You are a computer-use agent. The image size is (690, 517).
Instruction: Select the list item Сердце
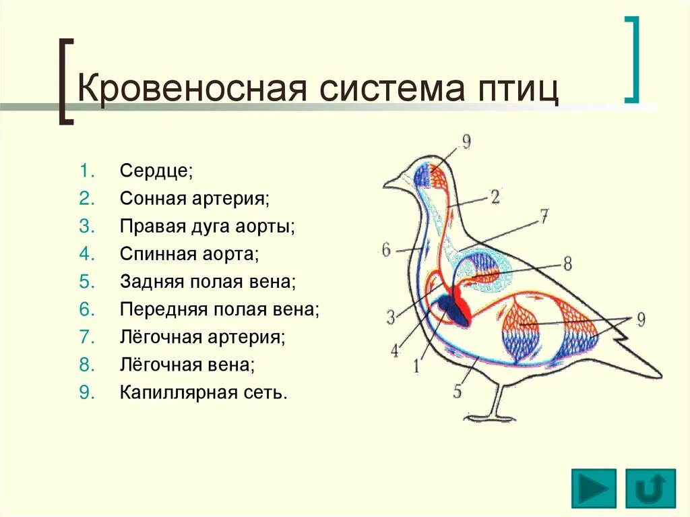click(156, 171)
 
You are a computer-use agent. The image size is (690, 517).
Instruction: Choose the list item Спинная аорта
click(189, 254)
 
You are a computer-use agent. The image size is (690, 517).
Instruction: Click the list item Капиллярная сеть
click(203, 393)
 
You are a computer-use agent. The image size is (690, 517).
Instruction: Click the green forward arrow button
click(594, 488)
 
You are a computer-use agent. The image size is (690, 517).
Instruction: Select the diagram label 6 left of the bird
click(386, 250)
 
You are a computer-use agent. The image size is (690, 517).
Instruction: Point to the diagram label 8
click(567, 264)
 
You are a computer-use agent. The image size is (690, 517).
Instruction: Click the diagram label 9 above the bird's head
click(466, 142)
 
